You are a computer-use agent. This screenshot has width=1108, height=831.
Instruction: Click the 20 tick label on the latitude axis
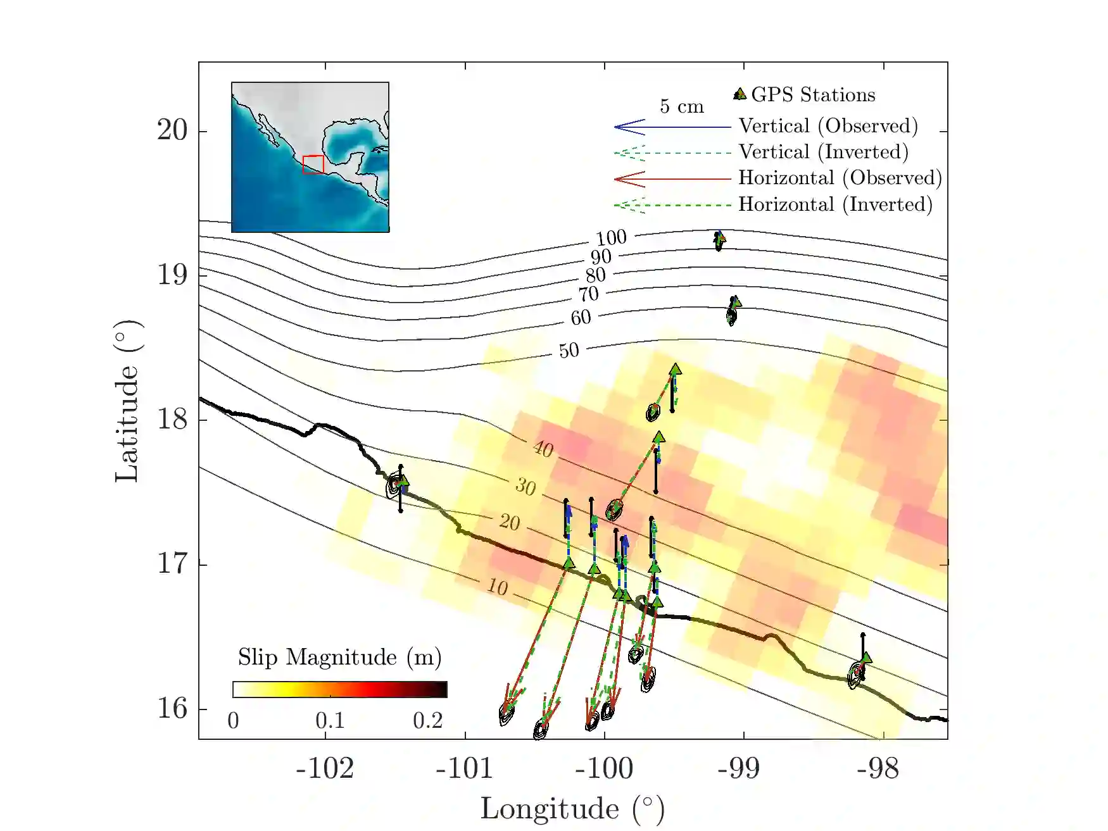point(172,130)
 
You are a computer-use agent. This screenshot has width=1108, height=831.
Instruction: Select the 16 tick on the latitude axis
point(172,708)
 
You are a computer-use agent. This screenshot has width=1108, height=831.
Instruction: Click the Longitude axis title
point(572,809)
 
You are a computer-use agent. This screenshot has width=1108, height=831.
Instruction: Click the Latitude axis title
point(127,401)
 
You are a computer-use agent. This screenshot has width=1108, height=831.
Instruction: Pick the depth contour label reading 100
point(611,238)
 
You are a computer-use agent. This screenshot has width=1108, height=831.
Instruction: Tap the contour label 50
point(569,351)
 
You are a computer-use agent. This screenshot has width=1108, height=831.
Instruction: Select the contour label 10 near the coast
point(498,587)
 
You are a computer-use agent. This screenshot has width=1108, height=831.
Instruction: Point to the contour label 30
point(526,487)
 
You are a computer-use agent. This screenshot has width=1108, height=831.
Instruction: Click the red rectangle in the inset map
point(313,165)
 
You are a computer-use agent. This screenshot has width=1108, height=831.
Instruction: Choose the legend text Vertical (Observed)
point(828,126)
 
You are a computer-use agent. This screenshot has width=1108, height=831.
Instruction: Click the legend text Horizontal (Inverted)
point(835,204)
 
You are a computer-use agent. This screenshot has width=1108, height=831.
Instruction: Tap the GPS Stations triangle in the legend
point(739,94)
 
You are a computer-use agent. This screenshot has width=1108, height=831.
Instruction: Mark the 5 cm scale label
point(681,106)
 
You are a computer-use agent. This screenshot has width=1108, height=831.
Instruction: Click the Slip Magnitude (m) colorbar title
point(339,658)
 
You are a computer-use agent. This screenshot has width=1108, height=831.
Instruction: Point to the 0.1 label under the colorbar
point(330,720)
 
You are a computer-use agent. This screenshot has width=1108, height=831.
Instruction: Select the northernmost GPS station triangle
point(719,238)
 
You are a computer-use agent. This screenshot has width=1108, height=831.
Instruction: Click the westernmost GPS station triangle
point(403,482)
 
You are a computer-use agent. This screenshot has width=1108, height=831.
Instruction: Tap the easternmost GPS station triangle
point(866,658)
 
